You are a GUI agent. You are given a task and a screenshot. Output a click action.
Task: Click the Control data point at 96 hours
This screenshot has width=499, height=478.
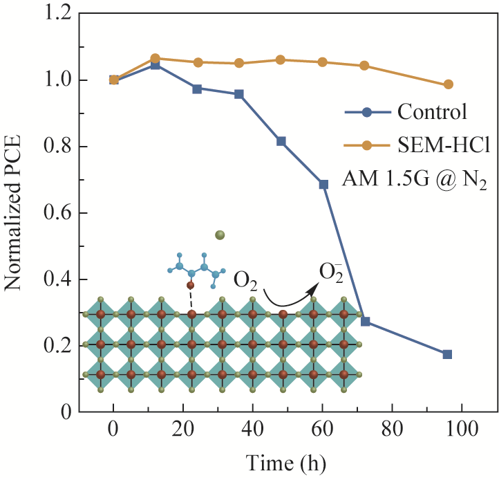tap(447, 354)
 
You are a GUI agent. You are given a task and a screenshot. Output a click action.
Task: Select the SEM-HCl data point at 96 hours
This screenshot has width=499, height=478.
tap(448, 84)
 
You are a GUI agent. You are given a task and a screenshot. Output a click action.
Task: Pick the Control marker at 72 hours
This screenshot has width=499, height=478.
tap(366, 321)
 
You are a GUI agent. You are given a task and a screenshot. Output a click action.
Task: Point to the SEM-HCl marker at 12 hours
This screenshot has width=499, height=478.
tap(156, 59)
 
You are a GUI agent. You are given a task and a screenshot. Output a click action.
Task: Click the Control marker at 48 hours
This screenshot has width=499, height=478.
tap(281, 141)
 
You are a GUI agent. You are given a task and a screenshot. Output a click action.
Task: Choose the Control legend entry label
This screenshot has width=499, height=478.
tap(433, 111)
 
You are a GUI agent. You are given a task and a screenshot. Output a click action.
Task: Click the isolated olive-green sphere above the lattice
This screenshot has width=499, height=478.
tap(220, 235)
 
